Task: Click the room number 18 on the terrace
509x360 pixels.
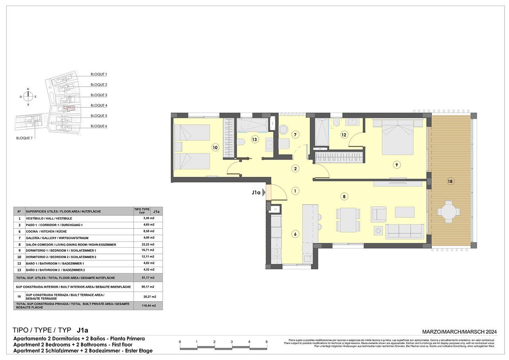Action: click(x=450, y=182)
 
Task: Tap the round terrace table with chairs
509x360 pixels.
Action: click(x=449, y=212)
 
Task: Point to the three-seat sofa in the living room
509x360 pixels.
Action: click(x=404, y=231)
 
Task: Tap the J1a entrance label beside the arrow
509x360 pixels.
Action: click(x=256, y=193)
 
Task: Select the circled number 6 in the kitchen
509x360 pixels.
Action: click(x=295, y=234)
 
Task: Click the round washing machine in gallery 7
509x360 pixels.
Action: click(x=284, y=130)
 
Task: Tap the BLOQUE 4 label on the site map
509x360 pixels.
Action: click(x=99, y=105)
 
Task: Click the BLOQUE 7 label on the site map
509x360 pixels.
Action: click(x=24, y=138)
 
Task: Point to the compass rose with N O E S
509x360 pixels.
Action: click(x=28, y=97)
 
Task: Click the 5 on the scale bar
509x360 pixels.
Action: click(x=266, y=342)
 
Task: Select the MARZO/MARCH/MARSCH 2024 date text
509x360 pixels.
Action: click(x=459, y=332)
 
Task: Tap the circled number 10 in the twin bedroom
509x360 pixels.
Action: click(x=215, y=147)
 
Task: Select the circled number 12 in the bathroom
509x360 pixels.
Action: click(x=344, y=135)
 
